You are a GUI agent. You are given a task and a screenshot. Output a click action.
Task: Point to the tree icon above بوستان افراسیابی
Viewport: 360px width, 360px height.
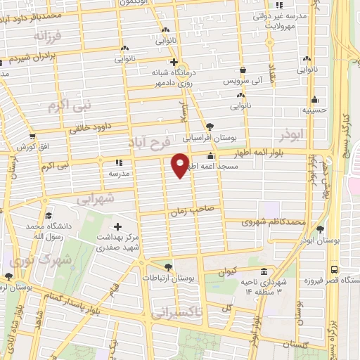coord(210,128)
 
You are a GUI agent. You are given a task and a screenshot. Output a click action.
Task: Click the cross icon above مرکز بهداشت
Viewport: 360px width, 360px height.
coord(117,227)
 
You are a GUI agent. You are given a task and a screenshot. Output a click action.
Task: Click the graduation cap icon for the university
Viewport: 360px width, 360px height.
coord(48,216)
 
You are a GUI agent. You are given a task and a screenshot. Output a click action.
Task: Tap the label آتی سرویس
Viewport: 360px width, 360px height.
coord(243,82)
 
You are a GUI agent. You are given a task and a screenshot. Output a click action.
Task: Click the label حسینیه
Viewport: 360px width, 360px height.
coord(314,110)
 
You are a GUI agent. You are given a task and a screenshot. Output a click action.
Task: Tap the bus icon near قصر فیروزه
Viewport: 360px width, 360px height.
coord(333,269)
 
